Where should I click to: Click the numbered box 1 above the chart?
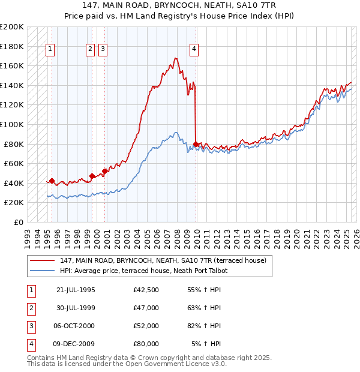point(50,50)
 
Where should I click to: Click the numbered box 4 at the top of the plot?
point(194,50)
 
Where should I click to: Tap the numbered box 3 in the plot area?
point(103,50)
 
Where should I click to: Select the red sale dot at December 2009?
point(196,144)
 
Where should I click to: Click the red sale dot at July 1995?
point(52,181)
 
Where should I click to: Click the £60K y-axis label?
point(14,163)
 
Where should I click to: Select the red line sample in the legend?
point(43,260)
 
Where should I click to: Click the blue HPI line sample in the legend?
point(43,271)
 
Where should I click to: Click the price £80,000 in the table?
point(146,344)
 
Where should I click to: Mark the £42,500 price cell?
point(146,290)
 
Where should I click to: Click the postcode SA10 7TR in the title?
point(256,5)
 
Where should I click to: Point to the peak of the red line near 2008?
point(175,58)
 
